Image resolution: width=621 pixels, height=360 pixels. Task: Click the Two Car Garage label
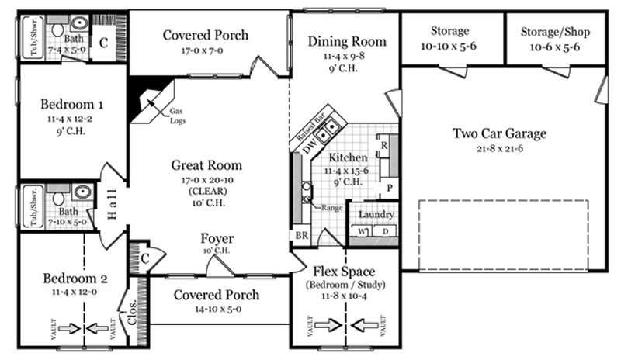click(499, 133)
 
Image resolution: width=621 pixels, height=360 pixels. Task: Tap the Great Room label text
click(206, 165)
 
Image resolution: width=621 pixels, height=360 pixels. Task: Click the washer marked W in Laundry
click(362, 230)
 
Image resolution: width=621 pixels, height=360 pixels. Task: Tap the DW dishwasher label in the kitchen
click(309, 145)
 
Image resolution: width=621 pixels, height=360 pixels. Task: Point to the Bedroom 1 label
click(73, 103)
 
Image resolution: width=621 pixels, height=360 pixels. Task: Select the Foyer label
click(217, 238)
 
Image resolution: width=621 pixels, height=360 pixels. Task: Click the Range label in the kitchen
click(331, 208)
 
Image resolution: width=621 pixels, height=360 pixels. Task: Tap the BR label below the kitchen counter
click(300, 236)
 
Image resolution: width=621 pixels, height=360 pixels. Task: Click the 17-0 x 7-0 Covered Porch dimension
click(206, 51)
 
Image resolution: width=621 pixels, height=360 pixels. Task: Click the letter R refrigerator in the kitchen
click(383, 144)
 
